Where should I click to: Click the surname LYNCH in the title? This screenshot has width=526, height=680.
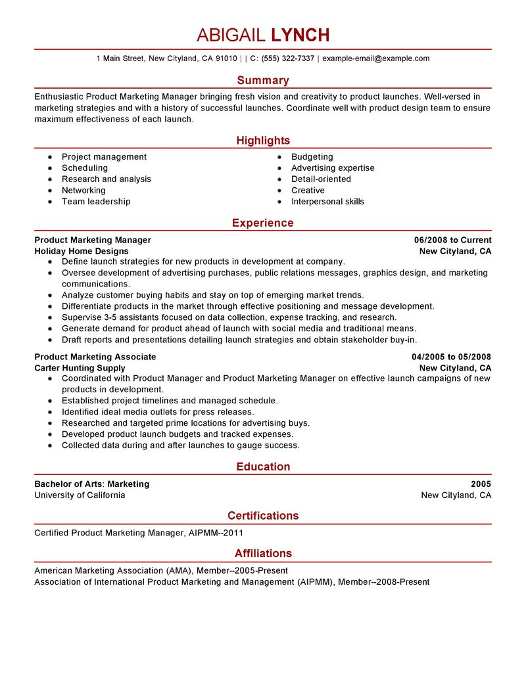click(300, 35)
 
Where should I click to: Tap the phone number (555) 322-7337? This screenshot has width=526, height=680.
click(288, 58)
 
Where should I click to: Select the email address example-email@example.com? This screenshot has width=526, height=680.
click(375, 58)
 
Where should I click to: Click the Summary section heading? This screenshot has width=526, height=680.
click(263, 81)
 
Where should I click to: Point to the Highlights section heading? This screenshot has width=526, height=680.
click(263, 141)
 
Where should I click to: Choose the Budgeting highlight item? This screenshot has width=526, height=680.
click(312, 157)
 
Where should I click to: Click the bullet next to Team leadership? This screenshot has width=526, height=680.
click(50, 202)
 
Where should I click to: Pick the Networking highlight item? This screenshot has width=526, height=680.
click(84, 191)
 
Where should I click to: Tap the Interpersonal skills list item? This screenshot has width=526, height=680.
click(327, 202)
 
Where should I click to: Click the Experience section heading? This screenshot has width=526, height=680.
click(263, 223)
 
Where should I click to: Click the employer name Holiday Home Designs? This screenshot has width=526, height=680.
click(82, 252)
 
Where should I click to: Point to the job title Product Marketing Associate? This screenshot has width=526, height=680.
click(95, 357)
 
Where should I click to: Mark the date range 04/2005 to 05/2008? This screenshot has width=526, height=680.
click(451, 357)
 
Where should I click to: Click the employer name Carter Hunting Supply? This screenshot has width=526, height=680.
click(80, 368)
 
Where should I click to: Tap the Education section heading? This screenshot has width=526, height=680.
click(263, 467)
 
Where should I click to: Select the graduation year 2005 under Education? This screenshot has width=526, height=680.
click(481, 484)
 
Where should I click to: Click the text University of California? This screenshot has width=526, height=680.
click(80, 495)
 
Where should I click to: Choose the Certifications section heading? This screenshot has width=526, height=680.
click(263, 516)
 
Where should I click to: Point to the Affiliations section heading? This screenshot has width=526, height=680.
click(263, 554)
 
